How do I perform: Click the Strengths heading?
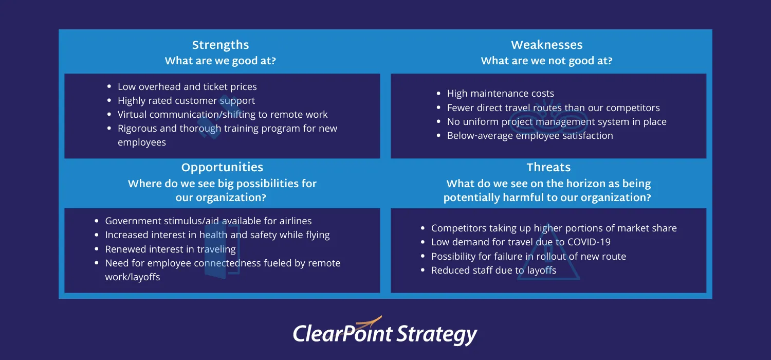click(220, 45)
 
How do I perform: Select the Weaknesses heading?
click(546, 45)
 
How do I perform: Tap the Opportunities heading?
click(222, 168)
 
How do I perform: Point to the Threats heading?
click(548, 168)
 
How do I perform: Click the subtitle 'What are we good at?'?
click(220, 61)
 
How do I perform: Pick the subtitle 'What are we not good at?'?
click(546, 61)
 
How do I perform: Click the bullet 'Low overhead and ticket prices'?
click(187, 87)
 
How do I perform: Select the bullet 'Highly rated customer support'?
click(186, 101)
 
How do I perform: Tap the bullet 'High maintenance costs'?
click(500, 94)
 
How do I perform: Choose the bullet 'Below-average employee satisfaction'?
click(529, 136)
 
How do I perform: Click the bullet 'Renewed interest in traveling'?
click(170, 249)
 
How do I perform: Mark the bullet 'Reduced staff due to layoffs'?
click(493, 271)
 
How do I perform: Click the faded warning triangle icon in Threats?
click(548, 260)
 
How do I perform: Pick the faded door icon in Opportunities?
click(221, 252)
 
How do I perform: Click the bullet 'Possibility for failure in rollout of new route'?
click(528, 257)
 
